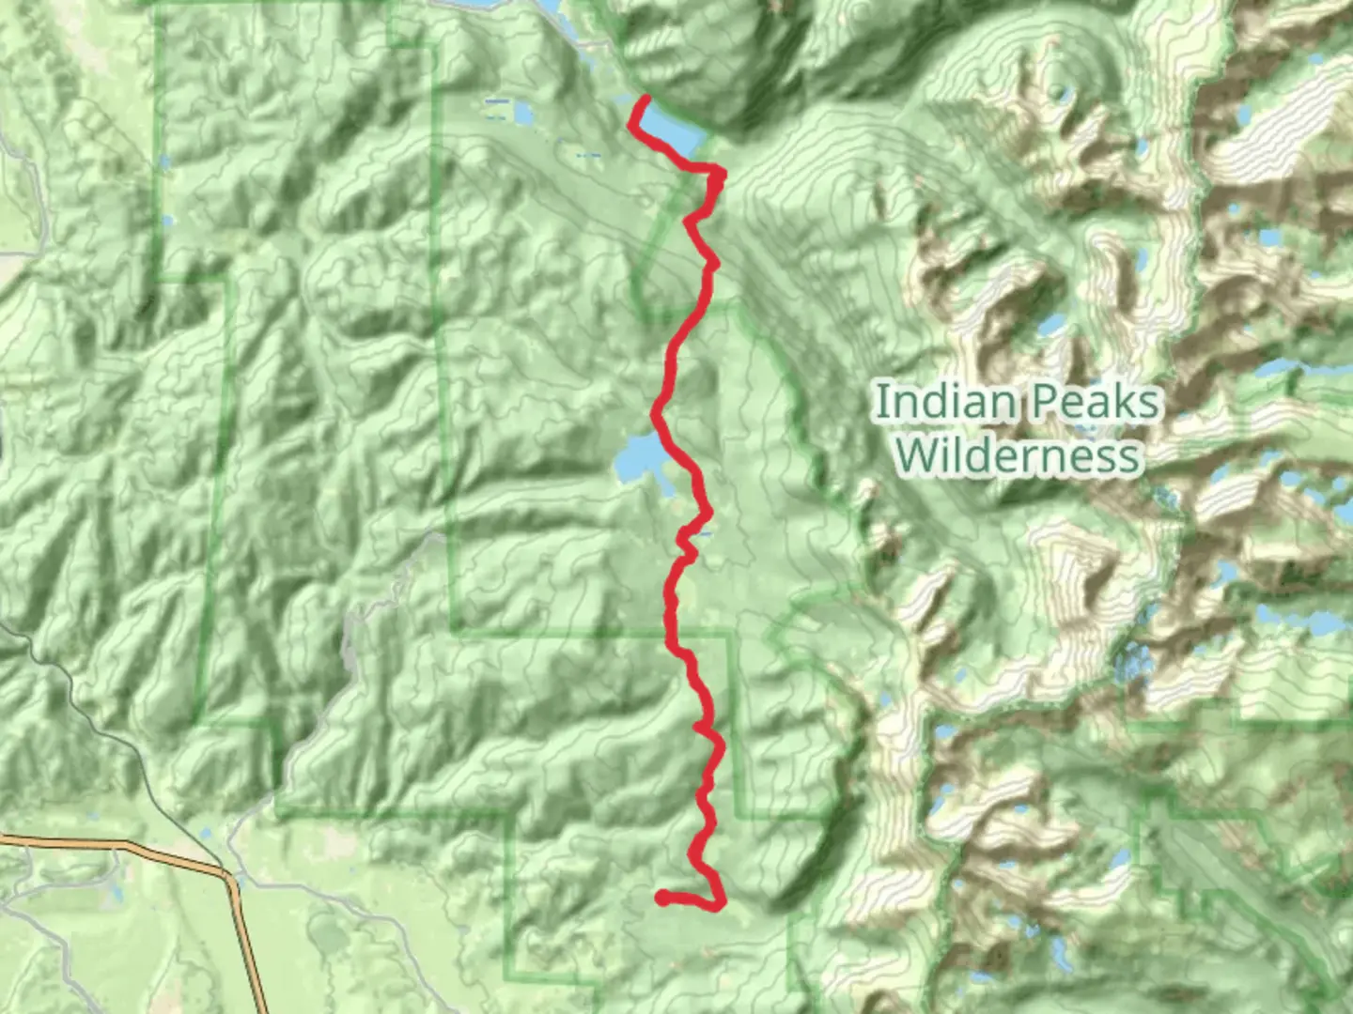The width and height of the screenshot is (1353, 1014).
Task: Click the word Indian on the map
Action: (x=944, y=402)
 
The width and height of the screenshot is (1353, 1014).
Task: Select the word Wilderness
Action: (x=1018, y=455)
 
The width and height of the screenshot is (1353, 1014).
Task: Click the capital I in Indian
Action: (x=879, y=402)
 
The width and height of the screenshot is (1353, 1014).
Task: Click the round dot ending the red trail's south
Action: (x=662, y=899)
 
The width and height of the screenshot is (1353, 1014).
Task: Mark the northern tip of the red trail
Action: (x=647, y=98)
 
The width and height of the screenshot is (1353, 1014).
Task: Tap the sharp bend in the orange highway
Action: (x=228, y=877)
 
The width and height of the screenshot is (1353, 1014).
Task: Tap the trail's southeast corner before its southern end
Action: (x=722, y=904)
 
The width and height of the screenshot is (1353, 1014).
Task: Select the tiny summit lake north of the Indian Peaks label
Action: (x=1061, y=92)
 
